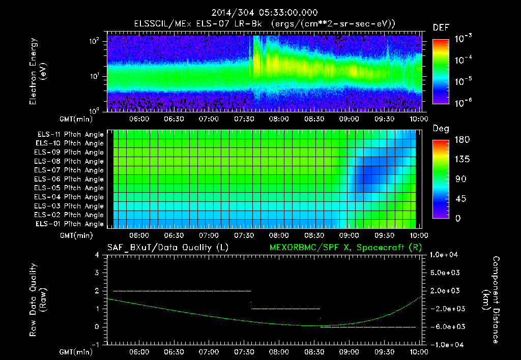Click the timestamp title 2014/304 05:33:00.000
tap(260, 13)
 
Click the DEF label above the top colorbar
tap(440, 27)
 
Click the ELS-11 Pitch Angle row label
tap(69, 134)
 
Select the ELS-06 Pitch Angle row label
tap(69, 179)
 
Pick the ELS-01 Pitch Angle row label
tap(69, 224)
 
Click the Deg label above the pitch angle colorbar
tap(440, 129)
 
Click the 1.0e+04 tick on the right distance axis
tap(445, 255)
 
